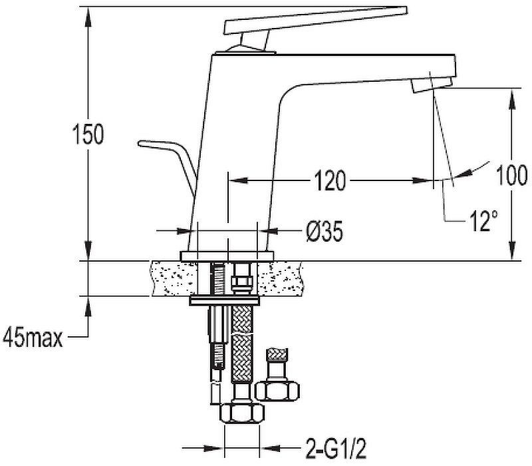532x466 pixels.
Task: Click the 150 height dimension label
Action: pyautogui.click(x=88, y=134)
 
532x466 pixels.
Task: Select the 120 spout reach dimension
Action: pyautogui.click(x=329, y=180)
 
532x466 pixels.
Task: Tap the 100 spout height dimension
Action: pyautogui.click(x=511, y=175)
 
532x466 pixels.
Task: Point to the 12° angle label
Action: pyautogui.click(x=484, y=221)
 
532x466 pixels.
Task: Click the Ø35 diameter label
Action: pyautogui.click(x=325, y=232)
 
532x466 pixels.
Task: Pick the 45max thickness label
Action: pyautogui.click(x=33, y=338)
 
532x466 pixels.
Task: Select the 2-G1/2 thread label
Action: pyautogui.click(x=336, y=448)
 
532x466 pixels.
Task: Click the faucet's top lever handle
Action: pyautogui.click(x=315, y=21)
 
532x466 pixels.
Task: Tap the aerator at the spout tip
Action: pyautogui.click(x=432, y=85)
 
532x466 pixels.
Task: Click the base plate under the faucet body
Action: pyautogui.click(x=227, y=256)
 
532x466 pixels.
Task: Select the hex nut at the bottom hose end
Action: pyautogui.click(x=242, y=413)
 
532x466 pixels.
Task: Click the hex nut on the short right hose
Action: pyautogui.click(x=277, y=391)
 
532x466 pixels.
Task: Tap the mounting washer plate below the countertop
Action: pyautogui.click(x=225, y=300)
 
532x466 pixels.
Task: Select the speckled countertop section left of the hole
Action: pyautogui.click(x=174, y=278)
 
